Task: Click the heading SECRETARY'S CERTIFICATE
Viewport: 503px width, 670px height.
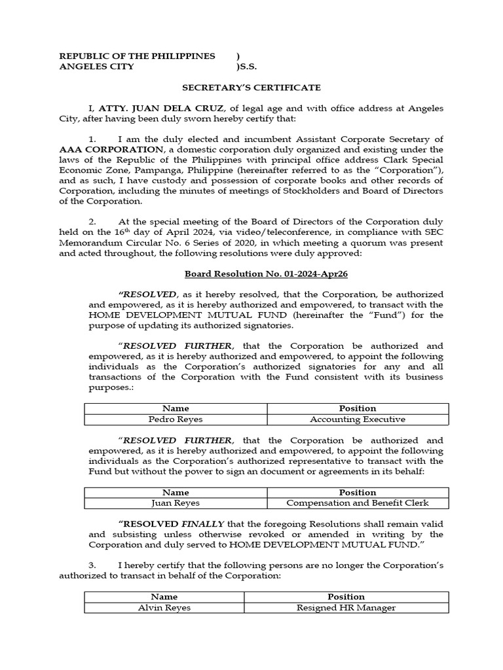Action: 251,87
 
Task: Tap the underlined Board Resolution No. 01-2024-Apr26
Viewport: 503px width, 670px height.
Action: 251,273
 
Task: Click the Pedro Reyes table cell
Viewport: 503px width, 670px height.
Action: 176,419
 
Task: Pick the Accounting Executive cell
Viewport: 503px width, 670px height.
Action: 357,419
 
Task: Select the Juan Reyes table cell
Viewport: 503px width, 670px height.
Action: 176,503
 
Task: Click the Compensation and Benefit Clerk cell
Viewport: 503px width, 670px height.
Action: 357,503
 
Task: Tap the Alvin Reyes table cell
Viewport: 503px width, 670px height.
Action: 164,607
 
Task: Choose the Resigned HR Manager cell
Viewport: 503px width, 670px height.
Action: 346,607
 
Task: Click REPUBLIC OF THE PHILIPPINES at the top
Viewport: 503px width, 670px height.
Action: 137,56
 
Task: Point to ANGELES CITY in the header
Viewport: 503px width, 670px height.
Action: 96,67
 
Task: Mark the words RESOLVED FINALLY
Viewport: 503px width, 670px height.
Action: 172,524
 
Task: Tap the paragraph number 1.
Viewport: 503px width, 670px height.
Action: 92,139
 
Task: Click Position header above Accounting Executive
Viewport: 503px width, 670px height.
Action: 357,408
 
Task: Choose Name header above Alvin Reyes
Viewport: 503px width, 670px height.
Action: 164,597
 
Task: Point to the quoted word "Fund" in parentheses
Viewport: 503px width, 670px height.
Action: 392,315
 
